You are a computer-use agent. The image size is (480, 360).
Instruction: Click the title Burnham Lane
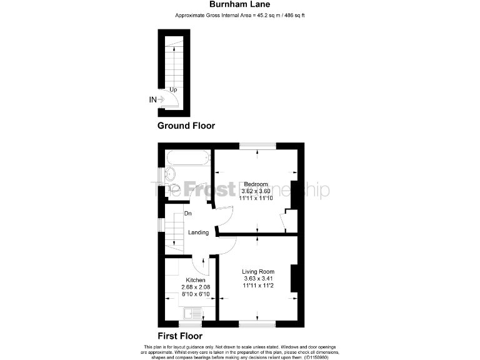coord(240,5)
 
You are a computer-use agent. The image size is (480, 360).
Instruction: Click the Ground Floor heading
coord(186,126)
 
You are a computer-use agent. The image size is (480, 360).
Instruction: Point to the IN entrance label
coord(152,99)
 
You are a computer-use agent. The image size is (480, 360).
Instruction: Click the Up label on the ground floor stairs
coord(172,90)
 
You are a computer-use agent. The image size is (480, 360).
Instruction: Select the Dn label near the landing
coord(187,214)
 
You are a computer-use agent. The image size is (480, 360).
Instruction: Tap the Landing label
coord(198,232)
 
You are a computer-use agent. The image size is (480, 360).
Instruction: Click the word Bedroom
coord(256,184)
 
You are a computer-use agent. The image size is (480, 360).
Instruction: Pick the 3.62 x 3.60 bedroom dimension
coord(256,191)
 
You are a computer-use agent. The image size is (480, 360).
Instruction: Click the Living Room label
coord(258,271)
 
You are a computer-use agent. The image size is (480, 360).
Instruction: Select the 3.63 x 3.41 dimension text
coord(258,279)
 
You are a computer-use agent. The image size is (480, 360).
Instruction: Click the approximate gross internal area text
coord(240,15)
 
